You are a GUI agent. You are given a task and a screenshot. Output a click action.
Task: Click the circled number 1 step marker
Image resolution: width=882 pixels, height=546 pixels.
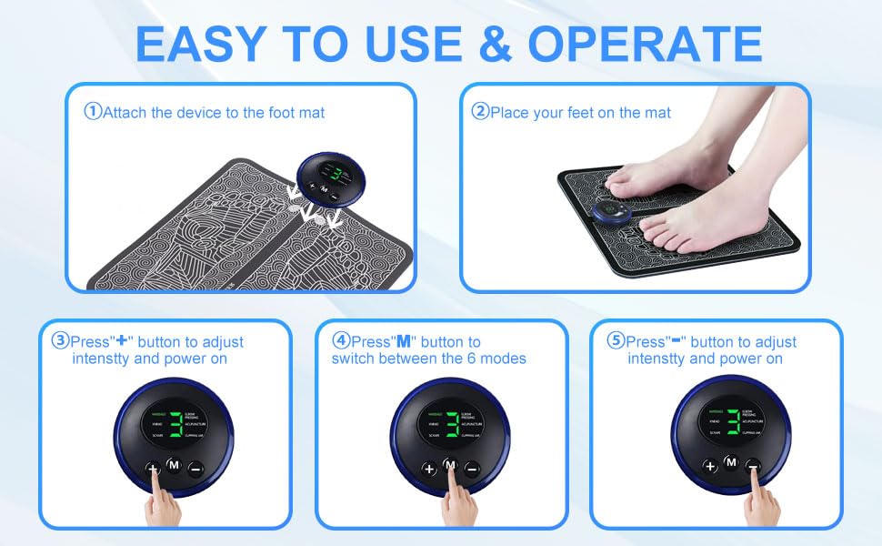pyautogui.click(x=92, y=112)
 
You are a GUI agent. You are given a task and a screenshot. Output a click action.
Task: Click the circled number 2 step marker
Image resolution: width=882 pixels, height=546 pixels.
pyautogui.click(x=479, y=112)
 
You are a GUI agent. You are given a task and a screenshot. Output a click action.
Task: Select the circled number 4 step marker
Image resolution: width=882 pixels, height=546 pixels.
pyautogui.click(x=341, y=341)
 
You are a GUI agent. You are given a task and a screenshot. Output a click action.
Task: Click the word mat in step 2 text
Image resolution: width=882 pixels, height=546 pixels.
pyautogui.click(x=658, y=113)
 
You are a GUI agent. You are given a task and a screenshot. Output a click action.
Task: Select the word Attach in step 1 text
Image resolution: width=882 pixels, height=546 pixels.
pyautogui.click(x=125, y=113)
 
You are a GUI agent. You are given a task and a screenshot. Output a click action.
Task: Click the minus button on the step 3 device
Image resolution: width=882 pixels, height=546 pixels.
pyautogui.click(x=195, y=469)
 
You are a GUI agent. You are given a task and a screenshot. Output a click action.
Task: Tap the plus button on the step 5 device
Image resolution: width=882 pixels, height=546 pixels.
pyautogui.click(x=710, y=466)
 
